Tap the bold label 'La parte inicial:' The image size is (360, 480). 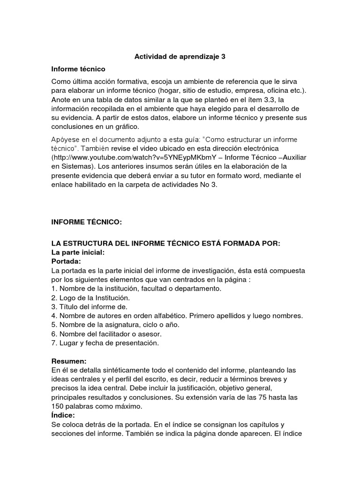point(78,252)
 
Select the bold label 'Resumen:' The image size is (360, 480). point(69,361)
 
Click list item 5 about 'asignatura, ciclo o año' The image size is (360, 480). point(115,325)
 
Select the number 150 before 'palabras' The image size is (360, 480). point(58,406)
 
